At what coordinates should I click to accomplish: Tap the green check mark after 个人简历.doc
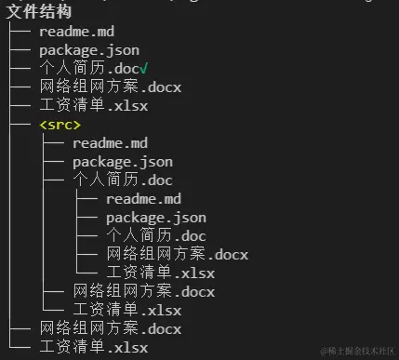(x=144, y=69)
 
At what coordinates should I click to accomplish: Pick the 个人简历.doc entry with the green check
(x=89, y=69)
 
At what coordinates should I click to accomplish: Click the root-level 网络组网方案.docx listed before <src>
(x=111, y=87)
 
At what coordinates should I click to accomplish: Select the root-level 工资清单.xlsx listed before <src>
(x=94, y=106)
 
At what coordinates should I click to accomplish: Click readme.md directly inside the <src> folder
(x=110, y=142)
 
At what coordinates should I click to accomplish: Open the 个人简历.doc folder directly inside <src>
(x=122, y=180)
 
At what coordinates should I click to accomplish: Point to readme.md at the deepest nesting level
(x=143, y=198)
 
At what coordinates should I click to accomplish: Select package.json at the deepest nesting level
(x=155, y=217)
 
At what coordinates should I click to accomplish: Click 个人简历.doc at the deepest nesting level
(x=155, y=235)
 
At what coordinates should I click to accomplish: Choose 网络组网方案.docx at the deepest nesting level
(x=177, y=254)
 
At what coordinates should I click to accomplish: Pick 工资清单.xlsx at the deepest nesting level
(x=160, y=273)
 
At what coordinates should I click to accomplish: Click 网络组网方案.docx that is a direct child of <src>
(x=143, y=291)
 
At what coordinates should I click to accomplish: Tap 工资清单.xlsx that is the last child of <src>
(x=126, y=310)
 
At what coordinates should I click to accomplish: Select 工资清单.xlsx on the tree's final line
(x=94, y=347)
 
